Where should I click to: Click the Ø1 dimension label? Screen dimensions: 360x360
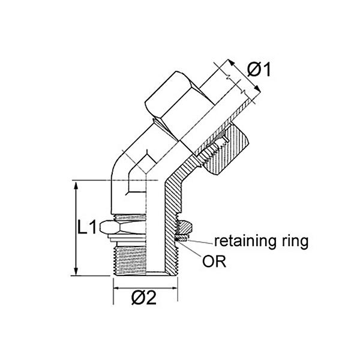click(x=260, y=70)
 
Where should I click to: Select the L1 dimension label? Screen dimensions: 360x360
click(x=88, y=229)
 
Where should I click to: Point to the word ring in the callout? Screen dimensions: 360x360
click(x=294, y=243)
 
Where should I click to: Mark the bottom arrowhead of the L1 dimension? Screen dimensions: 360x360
click(x=76, y=272)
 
